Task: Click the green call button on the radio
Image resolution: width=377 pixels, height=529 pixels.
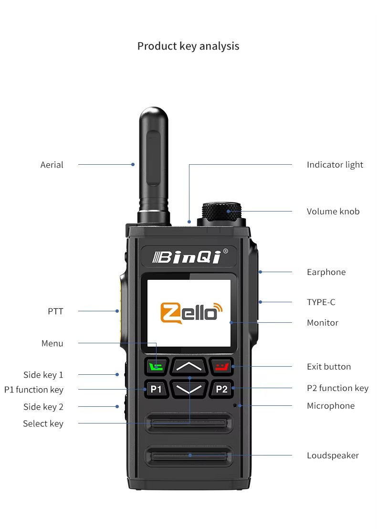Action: click(156, 367)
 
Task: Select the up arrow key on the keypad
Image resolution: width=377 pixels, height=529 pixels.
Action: click(189, 367)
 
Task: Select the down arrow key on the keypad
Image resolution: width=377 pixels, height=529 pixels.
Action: click(189, 389)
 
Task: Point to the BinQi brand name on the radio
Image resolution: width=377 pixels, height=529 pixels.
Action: click(190, 257)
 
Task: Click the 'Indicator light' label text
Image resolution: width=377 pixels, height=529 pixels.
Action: click(335, 165)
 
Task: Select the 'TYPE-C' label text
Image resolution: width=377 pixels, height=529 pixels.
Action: click(321, 302)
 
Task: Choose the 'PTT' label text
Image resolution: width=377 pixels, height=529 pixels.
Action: click(55, 311)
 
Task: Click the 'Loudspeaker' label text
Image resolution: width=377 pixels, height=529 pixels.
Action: click(333, 455)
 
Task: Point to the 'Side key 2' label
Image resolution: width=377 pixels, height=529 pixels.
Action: click(43, 407)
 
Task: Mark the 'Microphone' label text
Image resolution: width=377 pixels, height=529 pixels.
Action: click(331, 406)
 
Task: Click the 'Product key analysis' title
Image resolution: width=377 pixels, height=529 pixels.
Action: click(188, 46)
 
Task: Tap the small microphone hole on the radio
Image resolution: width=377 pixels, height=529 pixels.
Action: click(235, 405)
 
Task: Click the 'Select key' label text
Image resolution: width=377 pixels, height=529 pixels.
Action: click(43, 423)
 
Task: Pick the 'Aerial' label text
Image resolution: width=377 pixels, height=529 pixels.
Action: click(52, 165)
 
